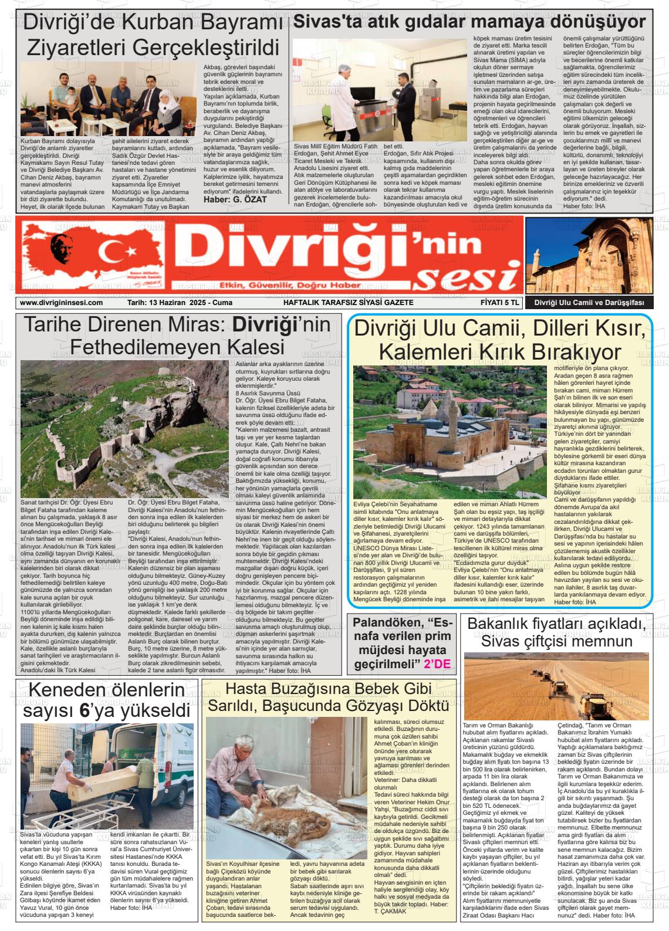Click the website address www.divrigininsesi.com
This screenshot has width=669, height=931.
62,303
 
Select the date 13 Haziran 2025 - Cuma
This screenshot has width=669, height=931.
180,303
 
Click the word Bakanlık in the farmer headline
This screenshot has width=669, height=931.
506,624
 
